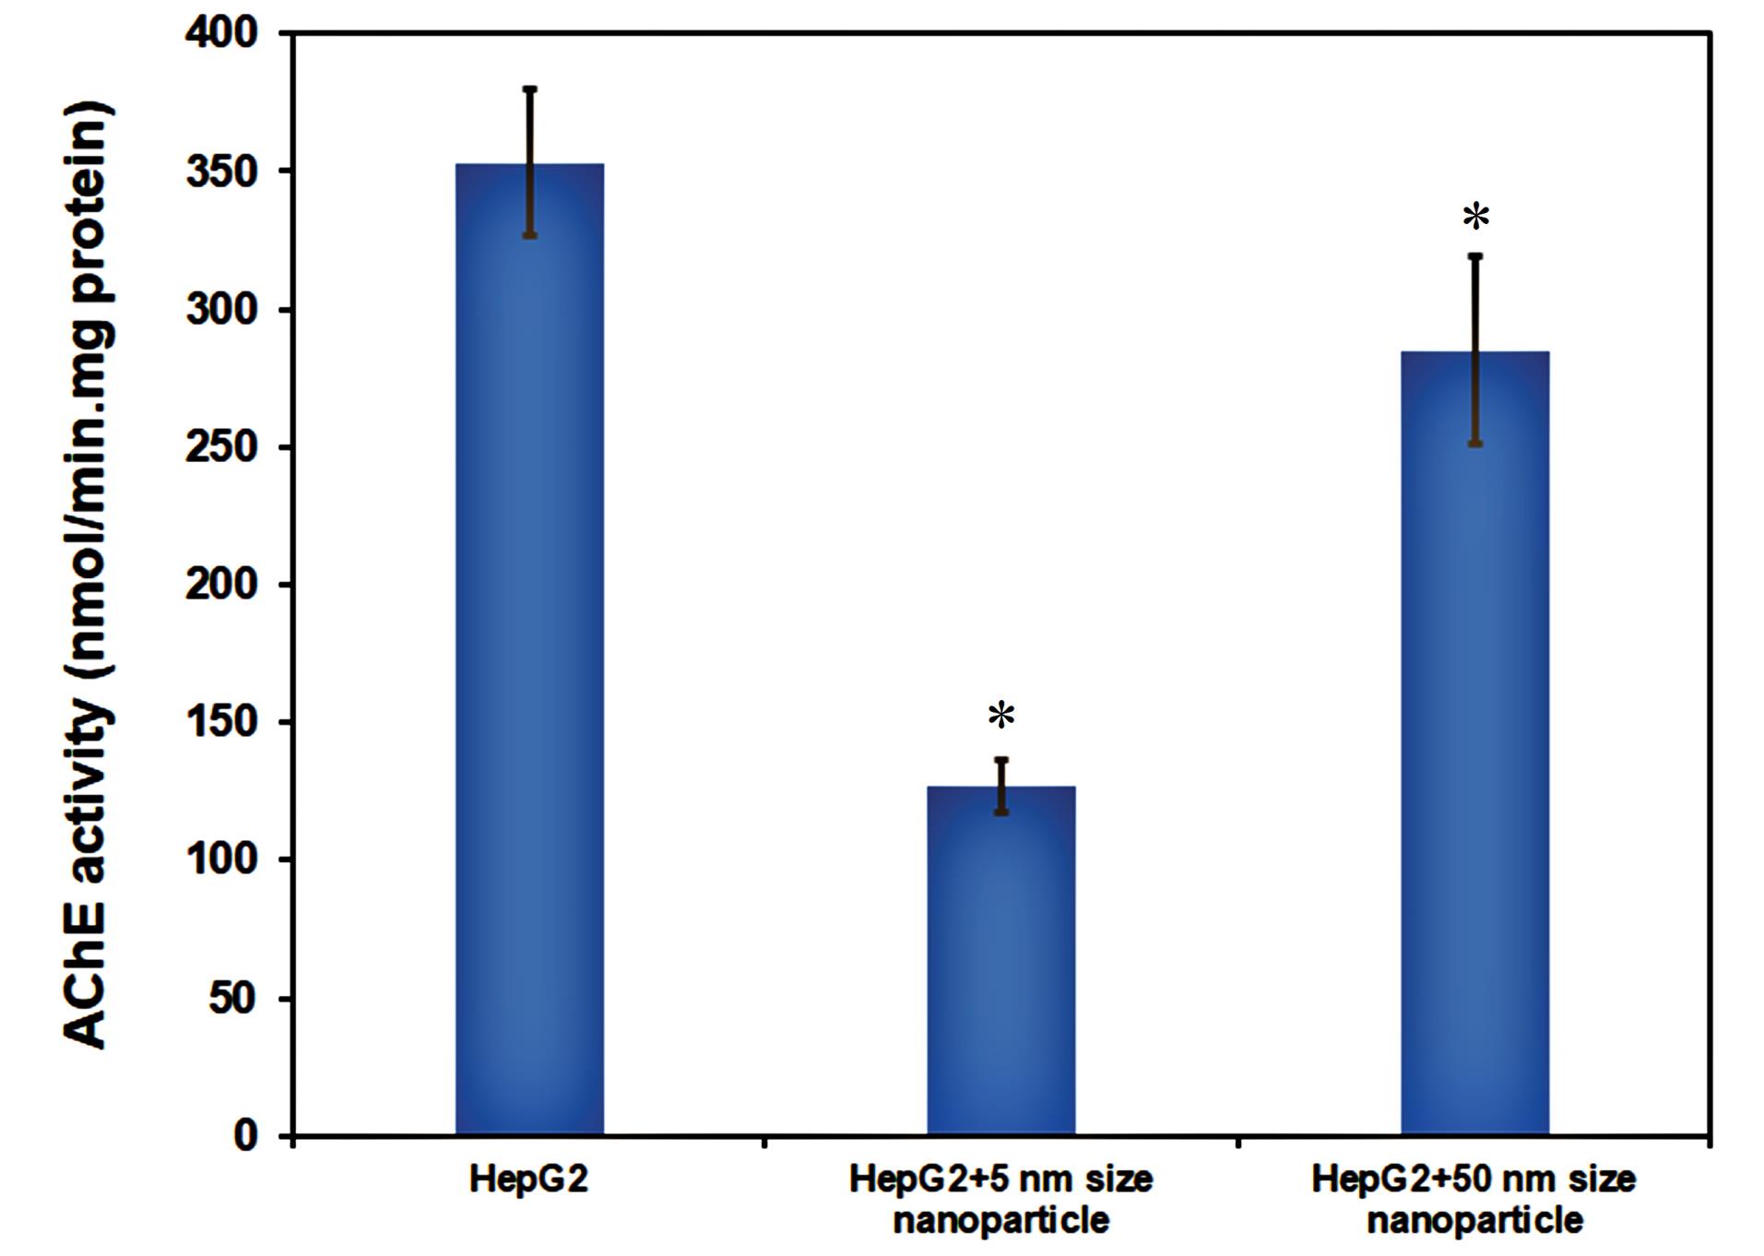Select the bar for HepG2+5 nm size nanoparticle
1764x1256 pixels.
point(1000,968)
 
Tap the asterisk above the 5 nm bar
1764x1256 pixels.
point(1001,716)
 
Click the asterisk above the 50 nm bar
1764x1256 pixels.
point(1475,218)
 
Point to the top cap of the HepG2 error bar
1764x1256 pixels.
point(530,89)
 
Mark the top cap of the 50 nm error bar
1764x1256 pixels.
point(1475,255)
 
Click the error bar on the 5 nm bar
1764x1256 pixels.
point(1001,785)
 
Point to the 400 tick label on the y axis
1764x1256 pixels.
point(221,33)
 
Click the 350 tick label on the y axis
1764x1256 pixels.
point(221,172)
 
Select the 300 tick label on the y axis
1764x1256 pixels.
point(221,310)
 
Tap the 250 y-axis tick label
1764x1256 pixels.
point(221,447)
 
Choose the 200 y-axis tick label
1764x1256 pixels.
point(221,585)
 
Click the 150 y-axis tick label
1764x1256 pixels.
point(221,722)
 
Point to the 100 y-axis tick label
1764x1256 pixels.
point(221,859)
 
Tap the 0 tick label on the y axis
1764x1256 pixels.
point(244,1135)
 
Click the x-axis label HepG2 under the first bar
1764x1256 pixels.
point(528,1180)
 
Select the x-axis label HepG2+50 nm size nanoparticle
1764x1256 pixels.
point(1474,1200)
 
